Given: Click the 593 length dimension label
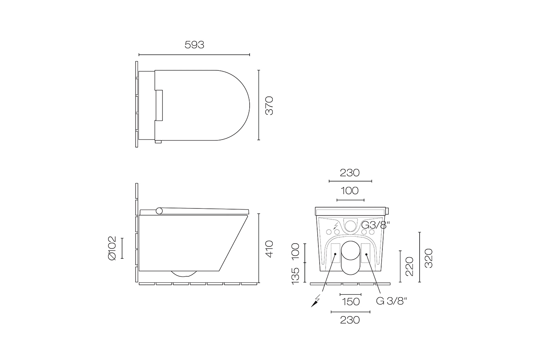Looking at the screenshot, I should (x=194, y=45).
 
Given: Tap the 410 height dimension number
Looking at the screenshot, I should (x=269, y=249).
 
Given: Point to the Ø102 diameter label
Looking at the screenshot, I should (x=112, y=248).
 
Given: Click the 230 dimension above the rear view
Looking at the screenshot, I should (x=350, y=173).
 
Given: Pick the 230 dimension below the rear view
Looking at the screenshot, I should (x=350, y=320).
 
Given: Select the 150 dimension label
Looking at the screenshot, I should (x=350, y=302).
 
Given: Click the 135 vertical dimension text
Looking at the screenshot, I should (x=295, y=276).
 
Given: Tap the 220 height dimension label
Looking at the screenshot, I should (x=409, y=266).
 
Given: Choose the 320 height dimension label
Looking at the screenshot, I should (x=428, y=258).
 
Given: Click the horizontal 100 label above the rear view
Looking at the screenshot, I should (x=350, y=191).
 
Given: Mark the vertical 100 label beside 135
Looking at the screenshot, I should (x=295, y=252).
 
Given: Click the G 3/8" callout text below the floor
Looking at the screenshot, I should (x=392, y=301).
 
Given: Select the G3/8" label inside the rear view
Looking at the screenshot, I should (x=375, y=225).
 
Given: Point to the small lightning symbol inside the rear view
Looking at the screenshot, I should (x=335, y=226).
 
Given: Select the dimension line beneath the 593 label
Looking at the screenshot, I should (x=194, y=55).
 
